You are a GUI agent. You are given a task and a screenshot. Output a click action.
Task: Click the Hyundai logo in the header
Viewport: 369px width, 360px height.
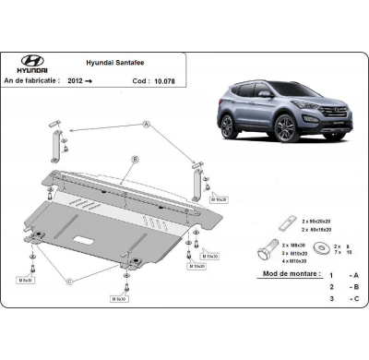click(31, 64)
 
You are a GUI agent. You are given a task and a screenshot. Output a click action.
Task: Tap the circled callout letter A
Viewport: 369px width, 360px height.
click(147, 124)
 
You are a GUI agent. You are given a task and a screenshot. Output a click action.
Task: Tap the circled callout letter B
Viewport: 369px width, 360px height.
click(135, 160)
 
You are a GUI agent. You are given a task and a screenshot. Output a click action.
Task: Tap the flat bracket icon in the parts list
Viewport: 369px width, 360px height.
click(286, 223)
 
